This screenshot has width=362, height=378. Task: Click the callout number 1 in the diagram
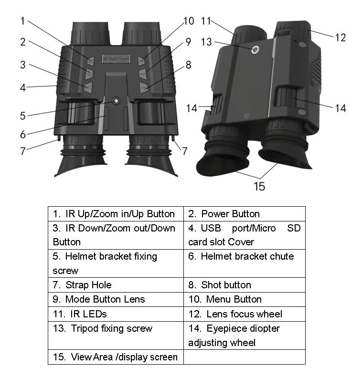[x=22, y=21]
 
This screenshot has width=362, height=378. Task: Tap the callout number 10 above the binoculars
[x=189, y=21]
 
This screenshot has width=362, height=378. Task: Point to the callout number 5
[x=22, y=115]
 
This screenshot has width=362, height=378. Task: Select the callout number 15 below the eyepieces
[x=259, y=186]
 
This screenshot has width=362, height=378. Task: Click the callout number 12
[x=340, y=37]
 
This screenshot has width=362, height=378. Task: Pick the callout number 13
[x=206, y=42]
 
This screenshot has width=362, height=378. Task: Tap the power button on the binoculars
[x=89, y=73]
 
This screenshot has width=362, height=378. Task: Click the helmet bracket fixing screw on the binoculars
[x=116, y=101]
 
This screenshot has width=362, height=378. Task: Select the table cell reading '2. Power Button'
[x=244, y=213]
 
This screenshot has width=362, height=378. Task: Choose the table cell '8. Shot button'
[x=244, y=285]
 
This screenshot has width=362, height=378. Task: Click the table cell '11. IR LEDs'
[x=116, y=314]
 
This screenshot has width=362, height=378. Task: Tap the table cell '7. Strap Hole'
[x=116, y=285]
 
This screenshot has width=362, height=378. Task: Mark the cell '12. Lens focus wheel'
[x=244, y=314]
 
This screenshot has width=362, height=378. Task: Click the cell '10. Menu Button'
[x=244, y=299]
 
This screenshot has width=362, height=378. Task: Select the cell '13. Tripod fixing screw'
[x=116, y=335]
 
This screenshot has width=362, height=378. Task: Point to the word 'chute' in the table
[x=282, y=256]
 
